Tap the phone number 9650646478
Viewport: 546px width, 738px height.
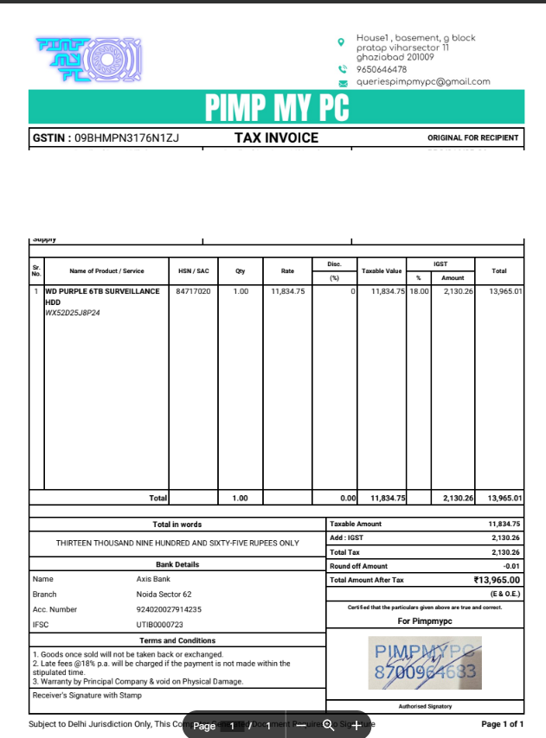pos(381,69)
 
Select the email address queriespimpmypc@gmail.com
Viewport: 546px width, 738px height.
pos(423,81)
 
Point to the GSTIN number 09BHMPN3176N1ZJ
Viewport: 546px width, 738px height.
pos(126,137)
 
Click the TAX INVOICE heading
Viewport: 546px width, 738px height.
pos(276,137)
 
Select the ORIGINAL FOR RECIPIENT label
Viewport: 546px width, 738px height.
pos(472,137)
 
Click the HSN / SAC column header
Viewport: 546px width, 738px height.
pos(193,271)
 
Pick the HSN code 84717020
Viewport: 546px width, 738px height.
pos(193,292)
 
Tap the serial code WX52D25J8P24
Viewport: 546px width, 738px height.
pos(73,313)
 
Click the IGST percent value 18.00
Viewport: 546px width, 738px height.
pos(419,292)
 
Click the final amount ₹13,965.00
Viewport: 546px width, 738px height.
pos(497,580)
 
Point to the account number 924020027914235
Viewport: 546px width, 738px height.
pos(169,609)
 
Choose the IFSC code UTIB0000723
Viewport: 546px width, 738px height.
pos(160,623)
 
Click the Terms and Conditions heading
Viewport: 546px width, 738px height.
pos(177,640)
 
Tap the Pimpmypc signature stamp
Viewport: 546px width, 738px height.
pos(424,664)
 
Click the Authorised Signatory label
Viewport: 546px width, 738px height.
pos(424,706)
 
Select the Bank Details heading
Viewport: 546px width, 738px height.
pos(177,564)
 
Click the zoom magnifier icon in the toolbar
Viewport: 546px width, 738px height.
pos(329,726)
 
